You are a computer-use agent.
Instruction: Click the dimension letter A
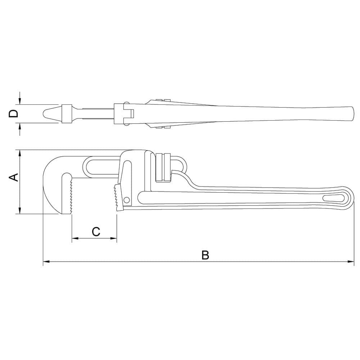pos(13,177)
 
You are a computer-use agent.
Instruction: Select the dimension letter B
pos(205,255)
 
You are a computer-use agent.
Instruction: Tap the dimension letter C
pos(96,231)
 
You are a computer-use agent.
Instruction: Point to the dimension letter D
pos(13,114)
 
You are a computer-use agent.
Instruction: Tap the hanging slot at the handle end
pos(333,198)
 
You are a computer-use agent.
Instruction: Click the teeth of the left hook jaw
pos(71,196)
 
